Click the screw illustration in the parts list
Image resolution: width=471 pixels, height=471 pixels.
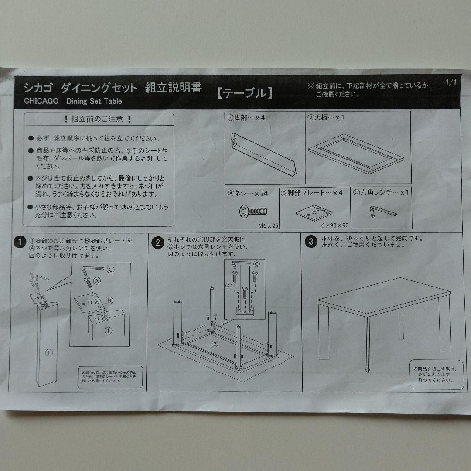coord(253,212)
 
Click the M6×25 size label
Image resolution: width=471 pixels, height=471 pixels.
coord(268,225)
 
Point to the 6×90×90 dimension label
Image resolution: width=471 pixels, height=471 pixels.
coord(335,225)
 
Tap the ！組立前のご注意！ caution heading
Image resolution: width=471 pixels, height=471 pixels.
coord(98,119)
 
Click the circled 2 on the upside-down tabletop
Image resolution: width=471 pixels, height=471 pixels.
coord(215,344)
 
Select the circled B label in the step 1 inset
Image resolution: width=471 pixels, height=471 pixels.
coord(109,300)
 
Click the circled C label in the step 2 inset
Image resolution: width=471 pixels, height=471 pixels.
coord(256,263)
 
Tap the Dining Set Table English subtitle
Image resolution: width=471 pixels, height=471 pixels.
coord(94,101)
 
